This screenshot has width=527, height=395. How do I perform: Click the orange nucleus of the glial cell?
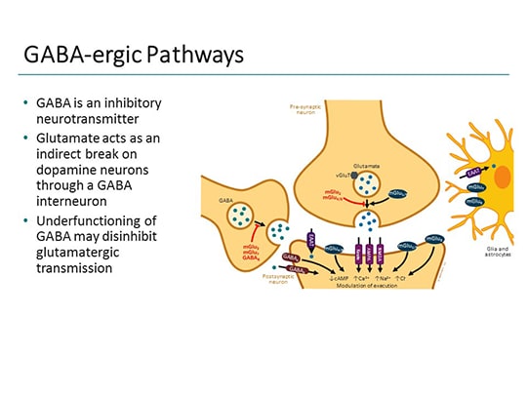(502, 178)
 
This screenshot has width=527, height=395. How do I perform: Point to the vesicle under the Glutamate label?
(366, 183)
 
